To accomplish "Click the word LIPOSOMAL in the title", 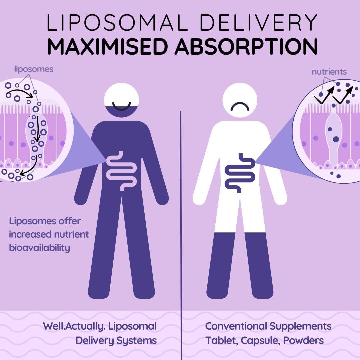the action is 117,22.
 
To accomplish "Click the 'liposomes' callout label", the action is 34,69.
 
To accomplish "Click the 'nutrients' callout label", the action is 329,72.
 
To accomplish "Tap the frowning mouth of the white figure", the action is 240,107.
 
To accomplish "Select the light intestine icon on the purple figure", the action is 121,170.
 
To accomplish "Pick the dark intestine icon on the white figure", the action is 240,173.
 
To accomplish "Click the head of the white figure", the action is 240,100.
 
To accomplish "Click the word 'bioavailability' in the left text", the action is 39,248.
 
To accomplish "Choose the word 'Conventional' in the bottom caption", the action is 236,326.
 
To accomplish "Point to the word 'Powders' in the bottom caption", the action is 304,340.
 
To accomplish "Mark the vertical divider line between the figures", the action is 181,235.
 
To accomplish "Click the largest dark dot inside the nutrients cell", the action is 336,139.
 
